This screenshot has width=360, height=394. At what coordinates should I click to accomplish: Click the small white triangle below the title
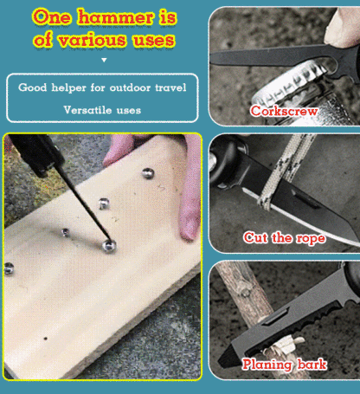coord(103,61)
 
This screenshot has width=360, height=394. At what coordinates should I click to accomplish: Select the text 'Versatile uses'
coord(102,110)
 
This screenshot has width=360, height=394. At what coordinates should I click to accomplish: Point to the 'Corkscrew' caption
coord(284,111)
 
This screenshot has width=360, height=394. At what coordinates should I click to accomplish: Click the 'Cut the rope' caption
coord(284,237)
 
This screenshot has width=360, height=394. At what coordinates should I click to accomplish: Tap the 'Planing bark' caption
coord(284,365)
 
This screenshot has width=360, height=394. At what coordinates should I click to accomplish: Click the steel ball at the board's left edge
coord(10,268)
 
